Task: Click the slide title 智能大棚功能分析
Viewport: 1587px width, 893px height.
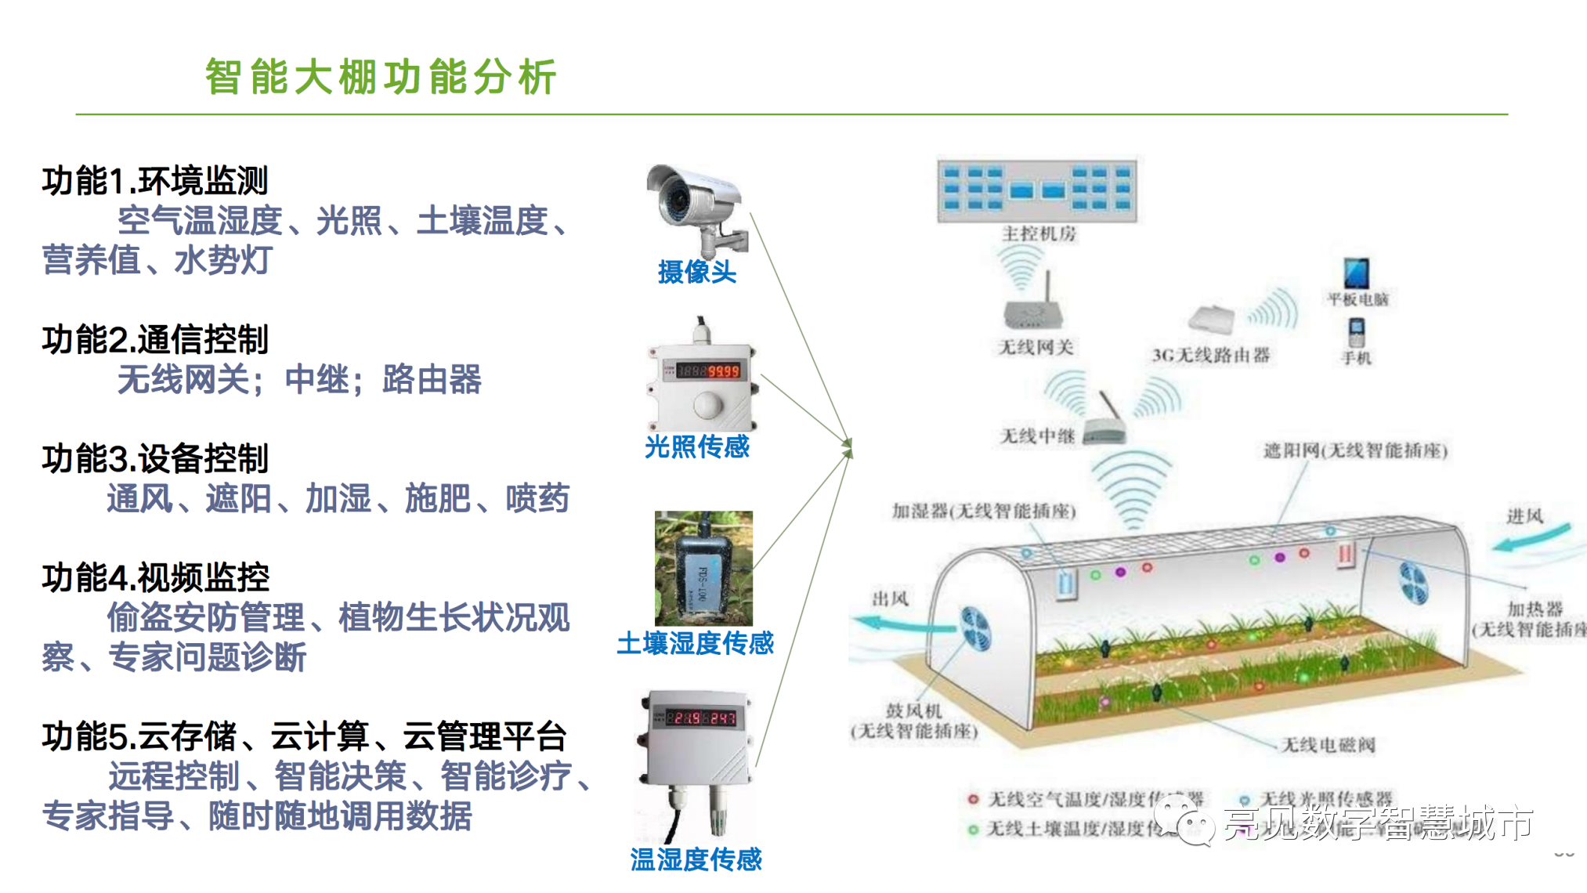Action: click(x=381, y=77)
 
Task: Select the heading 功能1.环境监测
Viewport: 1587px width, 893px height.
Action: click(x=155, y=181)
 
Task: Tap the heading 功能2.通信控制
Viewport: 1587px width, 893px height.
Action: click(x=155, y=340)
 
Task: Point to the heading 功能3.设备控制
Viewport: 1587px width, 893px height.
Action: click(x=155, y=459)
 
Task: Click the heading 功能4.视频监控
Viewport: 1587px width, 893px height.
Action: click(x=155, y=578)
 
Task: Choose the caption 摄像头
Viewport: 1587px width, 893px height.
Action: click(x=696, y=272)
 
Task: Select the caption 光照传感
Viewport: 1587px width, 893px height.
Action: click(x=696, y=446)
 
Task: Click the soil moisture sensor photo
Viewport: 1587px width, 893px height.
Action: click(x=703, y=568)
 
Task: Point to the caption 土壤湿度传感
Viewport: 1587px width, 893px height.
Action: click(x=695, y=643)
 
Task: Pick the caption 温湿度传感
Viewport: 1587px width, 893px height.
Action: click(x=696, y=859)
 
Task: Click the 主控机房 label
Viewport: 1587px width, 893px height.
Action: click(x=1039, y=233)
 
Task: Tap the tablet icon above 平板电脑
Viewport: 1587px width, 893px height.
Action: click(x=1356, y=273)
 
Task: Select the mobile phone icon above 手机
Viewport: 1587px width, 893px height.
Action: click(x=1357, y=332)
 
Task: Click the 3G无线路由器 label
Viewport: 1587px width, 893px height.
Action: click(x=1210, y=355)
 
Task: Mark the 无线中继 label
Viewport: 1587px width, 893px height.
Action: click(x=1037, y=436)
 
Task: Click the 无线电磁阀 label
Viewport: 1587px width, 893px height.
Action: click(x=1328, y=744)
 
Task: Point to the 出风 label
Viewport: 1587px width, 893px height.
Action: click(x=890, y=599)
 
